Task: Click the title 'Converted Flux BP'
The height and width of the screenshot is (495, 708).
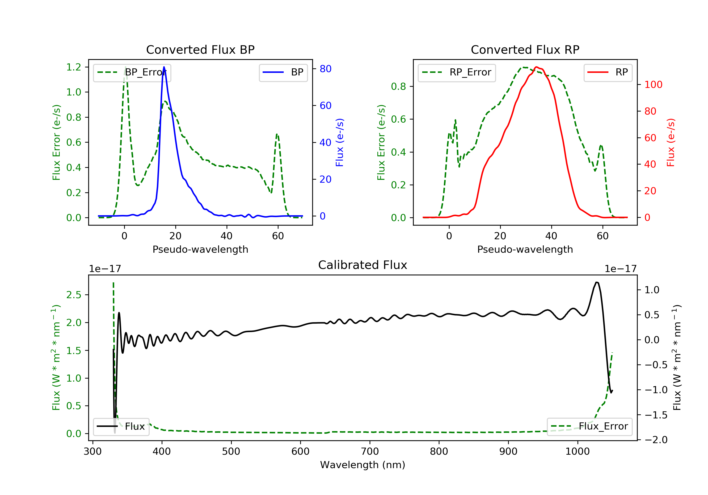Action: (x=200, y=49)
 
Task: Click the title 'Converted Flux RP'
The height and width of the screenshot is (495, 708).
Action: (x=525, y=49)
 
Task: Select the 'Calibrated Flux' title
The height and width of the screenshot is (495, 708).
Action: (x=363, y=265)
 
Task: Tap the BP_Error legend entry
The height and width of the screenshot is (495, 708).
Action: (x=132, y=73)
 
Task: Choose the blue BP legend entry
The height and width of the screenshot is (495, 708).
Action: (x=283, y=73)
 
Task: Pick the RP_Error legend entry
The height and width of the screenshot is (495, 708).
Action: (x=457, y=73)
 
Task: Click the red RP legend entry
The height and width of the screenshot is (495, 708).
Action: (x=608, y=73)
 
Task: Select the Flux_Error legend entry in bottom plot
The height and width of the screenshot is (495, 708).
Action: (x=589, y=427)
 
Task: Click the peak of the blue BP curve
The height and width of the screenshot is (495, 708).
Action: (x=164, y=67)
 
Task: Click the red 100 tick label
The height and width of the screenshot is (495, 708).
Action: (x=653, y=85)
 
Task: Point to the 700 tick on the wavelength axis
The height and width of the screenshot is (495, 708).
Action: (x=370, y=452)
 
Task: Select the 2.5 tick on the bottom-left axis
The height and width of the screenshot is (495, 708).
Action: (x=74, y=295)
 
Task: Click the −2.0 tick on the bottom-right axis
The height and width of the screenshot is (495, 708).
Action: (x=656, y=440)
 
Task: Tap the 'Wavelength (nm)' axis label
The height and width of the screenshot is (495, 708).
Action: (x=363, y=465)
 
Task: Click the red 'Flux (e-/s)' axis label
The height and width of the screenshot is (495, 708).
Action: (x=670, y=142)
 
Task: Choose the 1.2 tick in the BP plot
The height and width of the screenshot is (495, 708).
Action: (x=74, y=67)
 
